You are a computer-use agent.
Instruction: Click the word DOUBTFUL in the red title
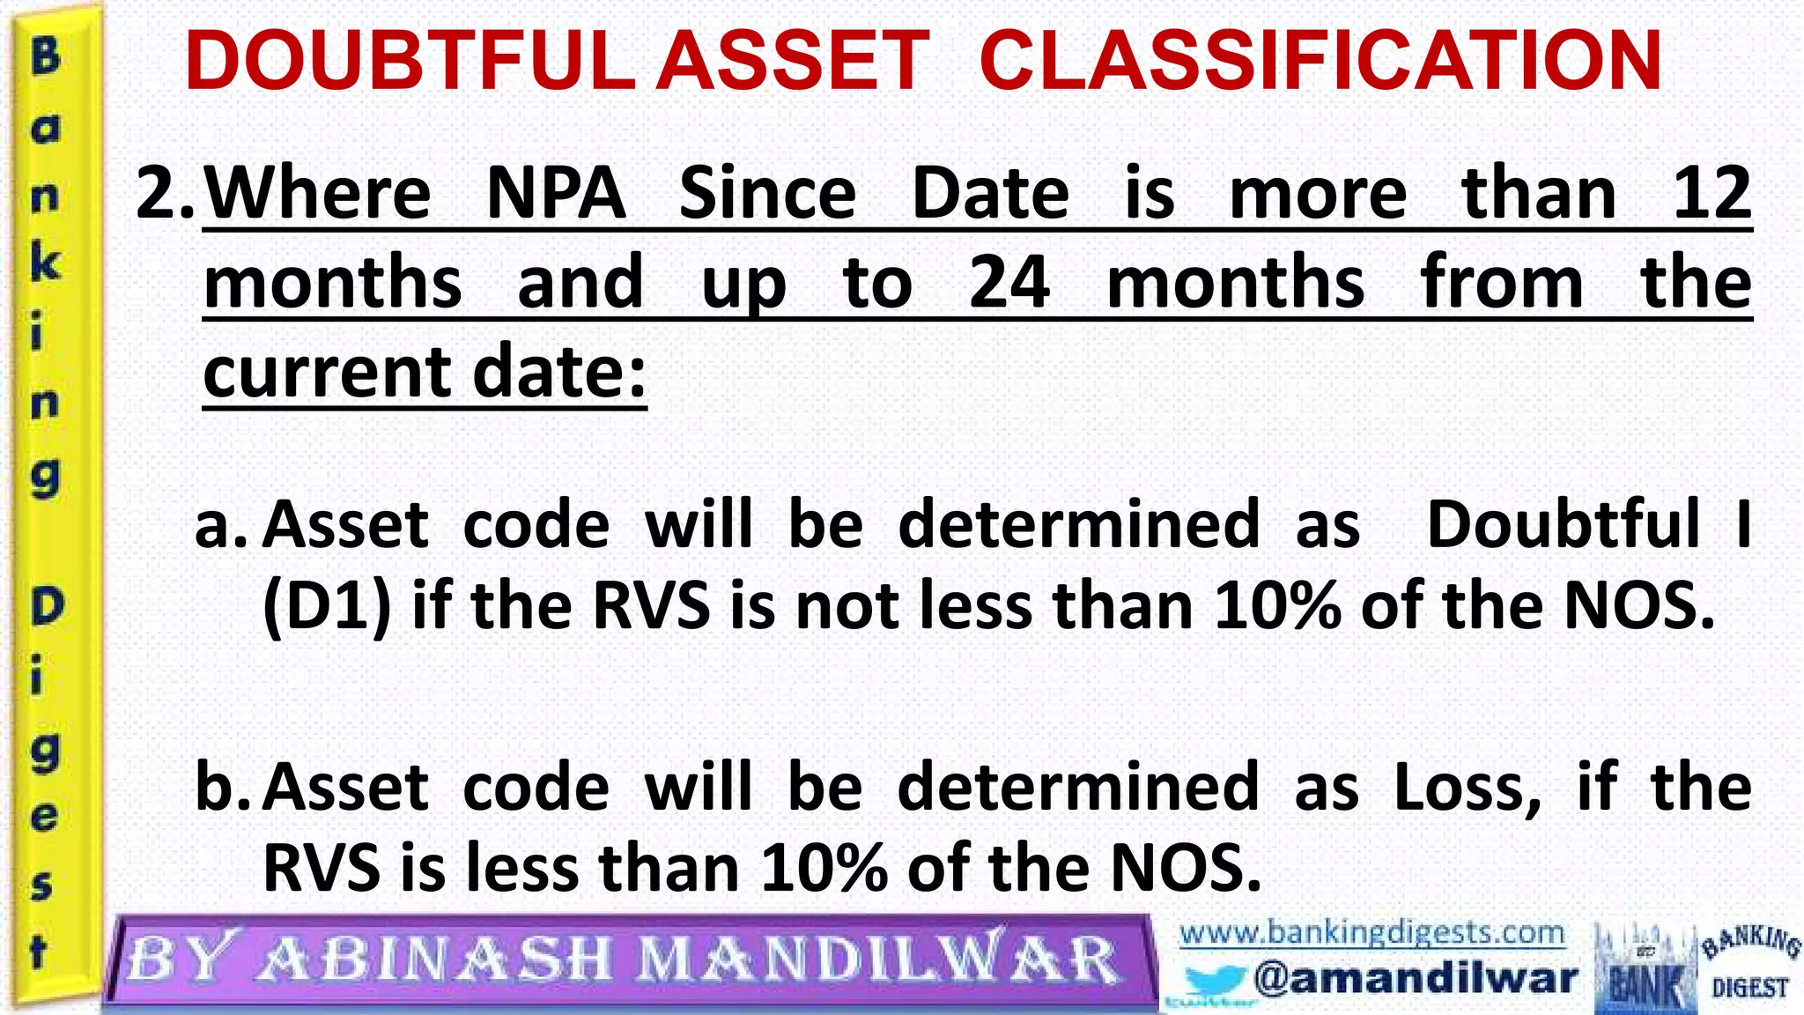click(410, 62)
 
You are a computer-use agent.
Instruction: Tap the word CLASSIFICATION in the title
click(1320, 62)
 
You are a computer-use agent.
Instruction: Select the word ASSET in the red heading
click(793, 62)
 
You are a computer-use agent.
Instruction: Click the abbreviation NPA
click(556, 194)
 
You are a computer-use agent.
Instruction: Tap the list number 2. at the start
click(165, 194)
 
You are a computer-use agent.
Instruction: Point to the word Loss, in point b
click(1468, 788)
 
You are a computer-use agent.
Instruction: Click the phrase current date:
click(425, 372)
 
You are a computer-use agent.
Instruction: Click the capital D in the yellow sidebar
click(48, 606)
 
